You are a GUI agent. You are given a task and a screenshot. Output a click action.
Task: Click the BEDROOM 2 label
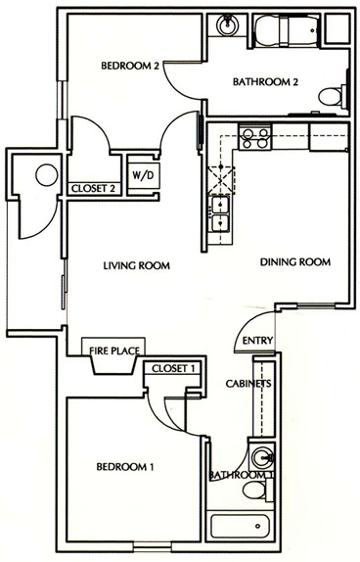point(130,66)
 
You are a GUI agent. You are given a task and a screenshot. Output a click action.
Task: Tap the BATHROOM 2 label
point(265,82)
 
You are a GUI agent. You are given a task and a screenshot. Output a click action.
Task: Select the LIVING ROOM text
point(137,265)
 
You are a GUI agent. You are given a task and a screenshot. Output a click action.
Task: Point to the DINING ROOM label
point(295,262)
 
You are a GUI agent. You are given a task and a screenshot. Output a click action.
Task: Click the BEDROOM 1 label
point(125,467)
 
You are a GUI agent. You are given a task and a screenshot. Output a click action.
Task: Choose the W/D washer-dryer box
point(143,175)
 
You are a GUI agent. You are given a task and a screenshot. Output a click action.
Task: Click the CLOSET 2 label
point(93,189)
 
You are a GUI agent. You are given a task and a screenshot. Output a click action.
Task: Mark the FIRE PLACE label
point(114,351)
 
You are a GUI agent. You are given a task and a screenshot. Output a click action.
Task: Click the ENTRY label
point(257,340)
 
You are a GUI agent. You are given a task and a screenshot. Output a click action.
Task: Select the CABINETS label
point(248,384)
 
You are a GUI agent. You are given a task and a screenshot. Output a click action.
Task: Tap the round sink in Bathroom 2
point(226,24)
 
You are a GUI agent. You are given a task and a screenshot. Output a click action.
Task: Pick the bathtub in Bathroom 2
point(287,29)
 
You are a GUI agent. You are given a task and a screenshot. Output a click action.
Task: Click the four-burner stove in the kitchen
point(254,138)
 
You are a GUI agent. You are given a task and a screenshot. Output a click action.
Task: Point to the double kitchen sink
point(219,214)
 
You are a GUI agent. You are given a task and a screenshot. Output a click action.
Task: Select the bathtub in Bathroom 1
point(240,527)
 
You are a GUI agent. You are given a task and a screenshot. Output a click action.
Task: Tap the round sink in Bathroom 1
point(263,457)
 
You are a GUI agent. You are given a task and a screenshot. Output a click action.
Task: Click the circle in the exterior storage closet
point(47,175)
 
